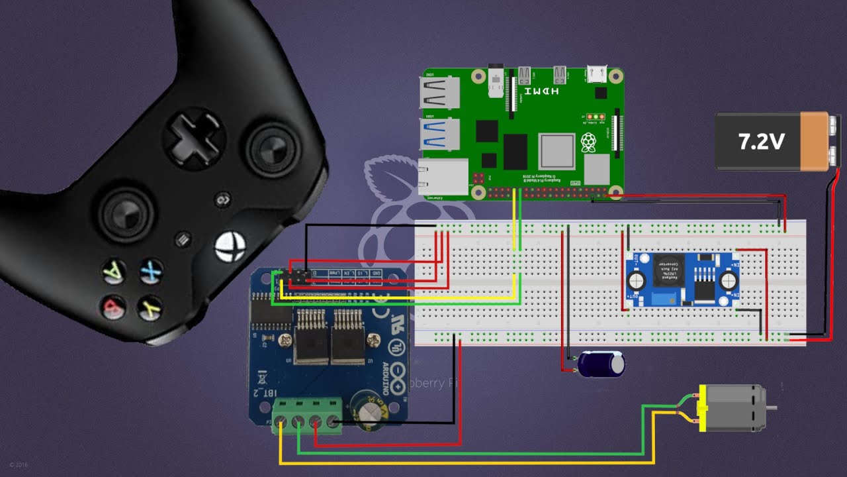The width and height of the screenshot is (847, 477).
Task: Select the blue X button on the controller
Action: (x=151, y=270)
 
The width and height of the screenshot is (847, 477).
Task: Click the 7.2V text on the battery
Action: (x=761, y=141)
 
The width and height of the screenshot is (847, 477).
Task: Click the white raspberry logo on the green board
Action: (x=588, y=142)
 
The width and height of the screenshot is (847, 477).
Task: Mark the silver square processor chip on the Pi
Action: (x=557, y=150)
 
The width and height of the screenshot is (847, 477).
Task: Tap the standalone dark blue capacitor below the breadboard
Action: (x=601, y=364)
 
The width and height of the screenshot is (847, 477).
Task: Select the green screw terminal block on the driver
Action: (x=310, y=415)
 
